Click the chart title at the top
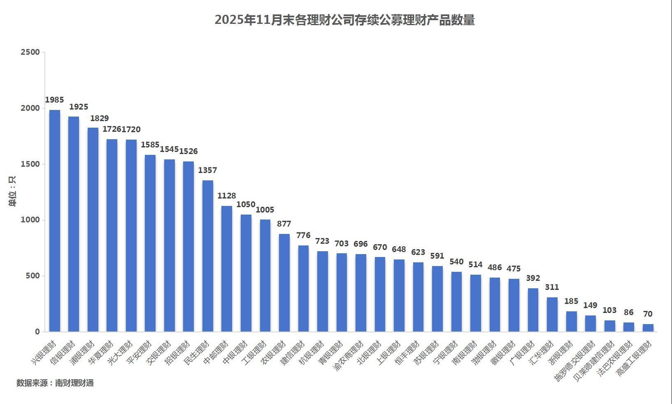pos(344,20)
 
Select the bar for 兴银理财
pos(55,221)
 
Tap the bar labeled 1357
pos(208,256)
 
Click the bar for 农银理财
pos(284,283)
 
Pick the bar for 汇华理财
pos(552,314)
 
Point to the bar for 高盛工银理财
pos(648,328)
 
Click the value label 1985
pos(54,100)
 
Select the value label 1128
pos(227,196)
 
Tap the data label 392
pos(533,278)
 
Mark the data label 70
pos(648,314)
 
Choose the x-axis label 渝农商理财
pos(349,355)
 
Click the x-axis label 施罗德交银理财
pos(575,360)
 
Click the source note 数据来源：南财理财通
pos(55,383)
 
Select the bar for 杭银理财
pos(323,291)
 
